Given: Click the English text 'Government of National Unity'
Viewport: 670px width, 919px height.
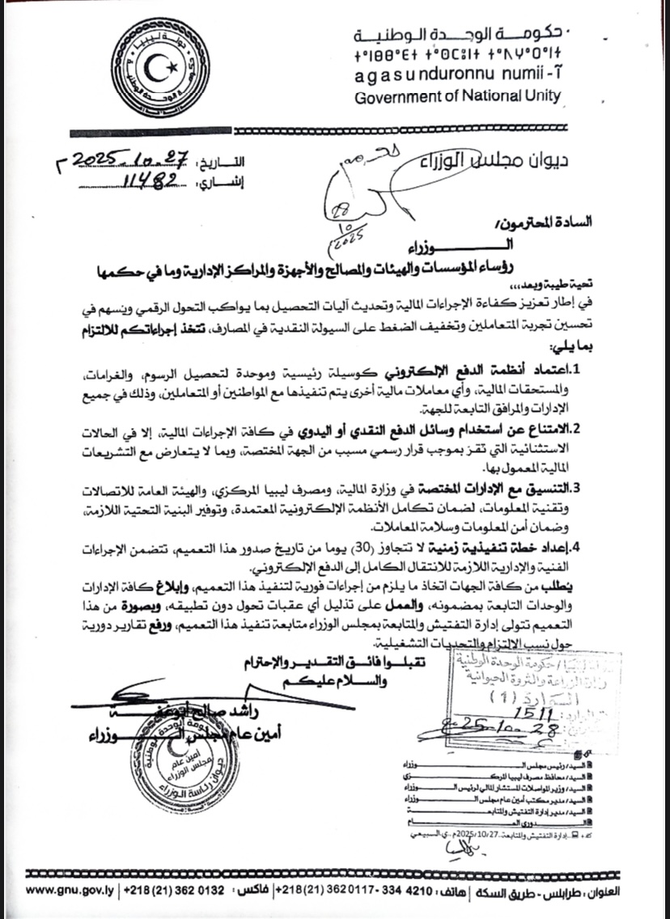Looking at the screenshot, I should click(457, 95).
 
